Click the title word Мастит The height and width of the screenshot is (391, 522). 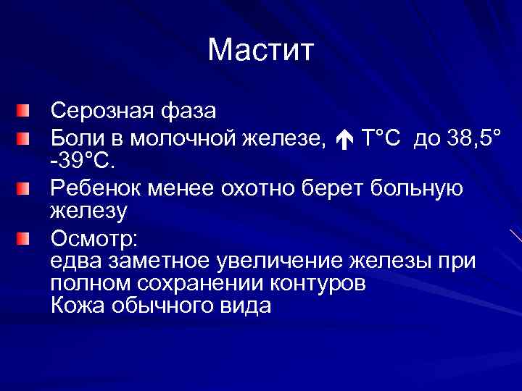click(x=260, y=50)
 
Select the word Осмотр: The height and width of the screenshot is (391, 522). click(x=91, y=237)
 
